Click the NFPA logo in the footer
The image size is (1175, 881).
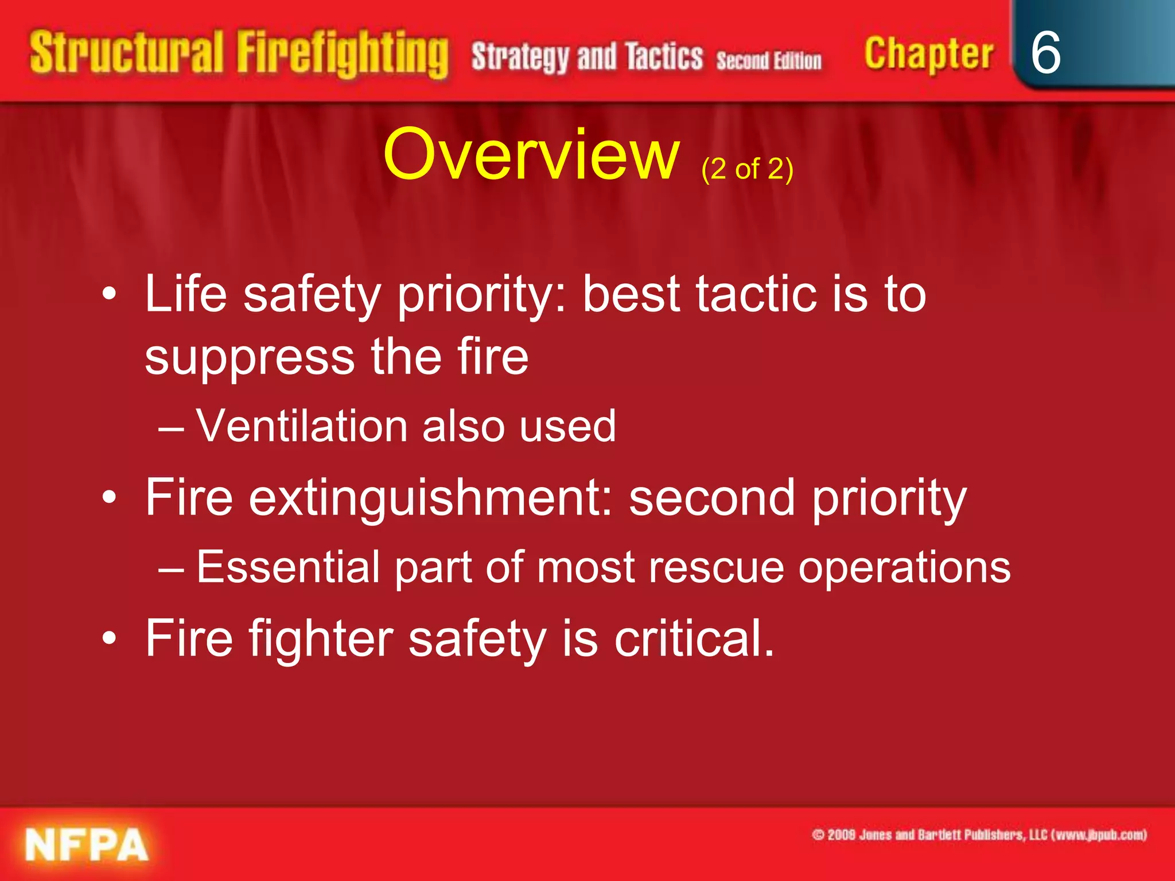[87, 845]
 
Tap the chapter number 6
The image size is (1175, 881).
[1045, 53]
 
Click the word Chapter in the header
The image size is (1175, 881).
[928, 54]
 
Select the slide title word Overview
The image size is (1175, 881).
[531, 155]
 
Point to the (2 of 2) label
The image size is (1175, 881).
[747, 169]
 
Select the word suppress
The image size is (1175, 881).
[250, 357]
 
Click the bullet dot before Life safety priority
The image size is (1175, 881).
[109, 295]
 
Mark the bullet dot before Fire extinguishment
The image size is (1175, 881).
[109, 497]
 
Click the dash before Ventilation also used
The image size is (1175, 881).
[171, 428]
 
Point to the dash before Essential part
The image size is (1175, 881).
[171, 568]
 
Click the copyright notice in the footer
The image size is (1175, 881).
[979, 835]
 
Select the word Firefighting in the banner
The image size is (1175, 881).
[343, 54]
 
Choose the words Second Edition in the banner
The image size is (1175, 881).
[769, 60]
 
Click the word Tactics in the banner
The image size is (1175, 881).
[664, 56]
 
